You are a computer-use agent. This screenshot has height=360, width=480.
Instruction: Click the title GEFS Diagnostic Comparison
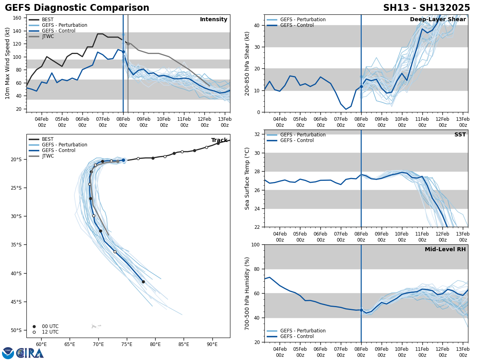pyautogui.click(x=77, y=8)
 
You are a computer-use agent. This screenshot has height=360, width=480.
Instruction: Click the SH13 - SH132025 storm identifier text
pyautogui.click(x=426, y=8)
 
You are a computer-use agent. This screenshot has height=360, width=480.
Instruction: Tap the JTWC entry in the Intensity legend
pyautogui.click(x=48, y=36)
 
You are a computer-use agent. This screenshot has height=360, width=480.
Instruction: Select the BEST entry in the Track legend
pyautogui.click(x=48, y=139)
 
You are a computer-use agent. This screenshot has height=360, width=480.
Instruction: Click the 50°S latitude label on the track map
pyautogui.click(x=16, y=330)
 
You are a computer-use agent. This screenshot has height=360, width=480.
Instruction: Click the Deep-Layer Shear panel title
pyautogui.click(x=438, y=20)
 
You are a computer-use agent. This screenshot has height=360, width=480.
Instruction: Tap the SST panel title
pyautogui.click(x=460, y=135)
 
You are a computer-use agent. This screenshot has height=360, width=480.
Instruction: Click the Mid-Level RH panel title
pyautogui.click(x=445, y=250)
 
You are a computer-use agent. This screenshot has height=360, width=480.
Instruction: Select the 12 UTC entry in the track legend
pyautogui.click(x=50, y=332)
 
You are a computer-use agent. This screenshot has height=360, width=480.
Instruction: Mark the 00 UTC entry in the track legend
pyautogui.click(x=50, y=326)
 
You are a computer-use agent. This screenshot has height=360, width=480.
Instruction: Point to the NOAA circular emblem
pyautogui.click(x=8, y=353)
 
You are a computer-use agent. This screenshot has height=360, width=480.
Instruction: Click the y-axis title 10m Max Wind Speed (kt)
pyautogui.click(x=8, y=63)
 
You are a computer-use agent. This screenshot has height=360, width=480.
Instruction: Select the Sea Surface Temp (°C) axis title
pyautogui.click(x=247, y=178)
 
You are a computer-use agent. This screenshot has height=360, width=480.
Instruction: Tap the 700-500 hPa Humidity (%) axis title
pyautogui.click(x=247, y=293)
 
